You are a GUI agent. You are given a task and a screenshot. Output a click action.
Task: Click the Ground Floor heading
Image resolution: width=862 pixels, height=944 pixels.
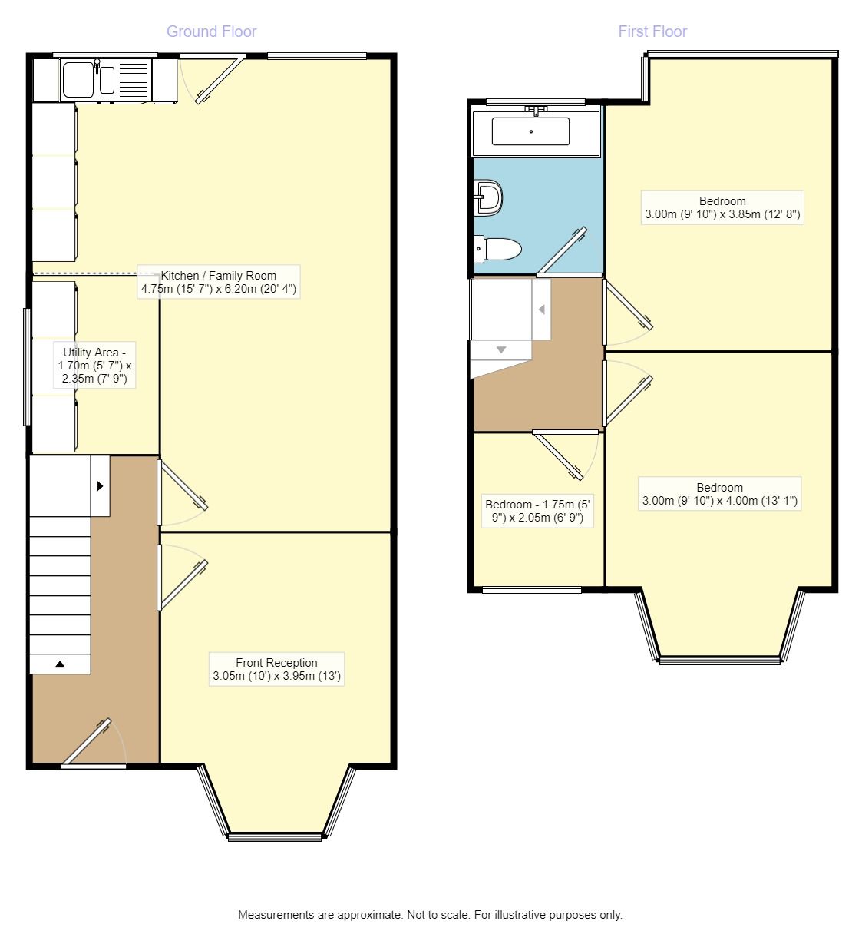click(x=211, y=31)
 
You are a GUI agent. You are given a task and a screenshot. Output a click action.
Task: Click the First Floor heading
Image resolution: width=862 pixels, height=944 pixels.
click(x=652, y=31)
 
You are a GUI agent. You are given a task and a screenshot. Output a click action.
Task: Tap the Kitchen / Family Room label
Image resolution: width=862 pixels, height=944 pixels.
click(x=219, y=282)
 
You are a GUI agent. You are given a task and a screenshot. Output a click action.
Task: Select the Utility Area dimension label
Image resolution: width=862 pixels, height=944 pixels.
click(x=94, y=365)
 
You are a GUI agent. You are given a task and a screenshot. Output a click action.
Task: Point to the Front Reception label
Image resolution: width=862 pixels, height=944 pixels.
click(x=276, y=669)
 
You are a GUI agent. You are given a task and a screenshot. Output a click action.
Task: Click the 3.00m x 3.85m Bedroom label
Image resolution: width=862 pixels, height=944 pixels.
click(x=722, y=207)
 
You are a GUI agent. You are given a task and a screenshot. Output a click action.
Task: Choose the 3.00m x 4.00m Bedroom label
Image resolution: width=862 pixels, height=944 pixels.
click(x=719, y=494)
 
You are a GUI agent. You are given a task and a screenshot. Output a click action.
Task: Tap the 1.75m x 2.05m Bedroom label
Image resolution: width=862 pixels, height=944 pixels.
click(x=537, y=511)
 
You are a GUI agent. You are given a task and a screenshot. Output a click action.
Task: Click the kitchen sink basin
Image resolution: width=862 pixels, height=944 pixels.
click(x=78, y=80)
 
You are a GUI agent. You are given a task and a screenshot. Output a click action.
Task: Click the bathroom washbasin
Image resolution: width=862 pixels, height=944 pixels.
click(x=488, y=197)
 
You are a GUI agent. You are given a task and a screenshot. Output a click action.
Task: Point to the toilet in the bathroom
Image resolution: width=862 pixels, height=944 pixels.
click(x=497, y=249)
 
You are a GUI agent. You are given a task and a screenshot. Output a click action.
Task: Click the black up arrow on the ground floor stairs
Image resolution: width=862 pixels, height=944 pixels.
click(x=60, y=664)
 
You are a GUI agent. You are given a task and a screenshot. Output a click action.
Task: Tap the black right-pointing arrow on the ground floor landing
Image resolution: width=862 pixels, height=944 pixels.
click(x=100, y=485)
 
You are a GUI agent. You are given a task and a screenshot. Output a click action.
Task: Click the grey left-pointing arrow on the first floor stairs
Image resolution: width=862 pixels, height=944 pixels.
click(x=542, y=310)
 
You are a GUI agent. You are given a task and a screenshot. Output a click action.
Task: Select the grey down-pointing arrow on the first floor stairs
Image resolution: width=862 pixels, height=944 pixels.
click(x=500, y=349)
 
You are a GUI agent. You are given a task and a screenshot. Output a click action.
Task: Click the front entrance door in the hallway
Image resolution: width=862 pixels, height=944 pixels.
click(x=94, y=743)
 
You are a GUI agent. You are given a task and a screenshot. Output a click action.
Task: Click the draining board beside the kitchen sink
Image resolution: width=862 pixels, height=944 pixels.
click(x=134, y=80)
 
